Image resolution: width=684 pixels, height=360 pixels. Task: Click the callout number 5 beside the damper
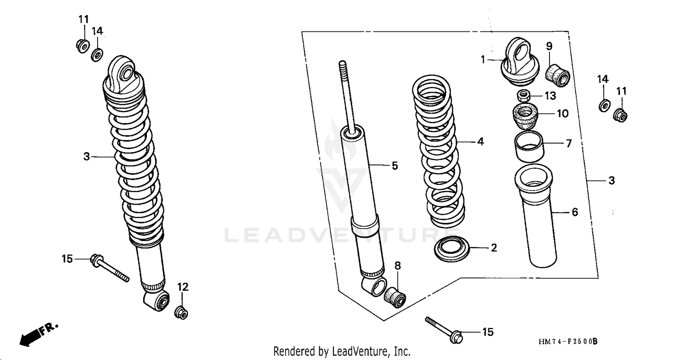395,166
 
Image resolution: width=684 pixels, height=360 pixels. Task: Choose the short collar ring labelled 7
529,147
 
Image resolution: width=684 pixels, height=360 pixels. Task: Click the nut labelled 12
182,313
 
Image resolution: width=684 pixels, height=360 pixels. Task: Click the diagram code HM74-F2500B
567,341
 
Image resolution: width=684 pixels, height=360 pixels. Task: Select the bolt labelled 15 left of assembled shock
110,268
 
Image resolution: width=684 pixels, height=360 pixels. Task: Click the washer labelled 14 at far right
603,105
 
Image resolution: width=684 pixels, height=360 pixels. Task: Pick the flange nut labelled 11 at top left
83,46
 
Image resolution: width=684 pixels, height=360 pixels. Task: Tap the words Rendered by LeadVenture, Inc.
342,351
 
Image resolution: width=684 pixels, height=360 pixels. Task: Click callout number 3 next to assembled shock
87,157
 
